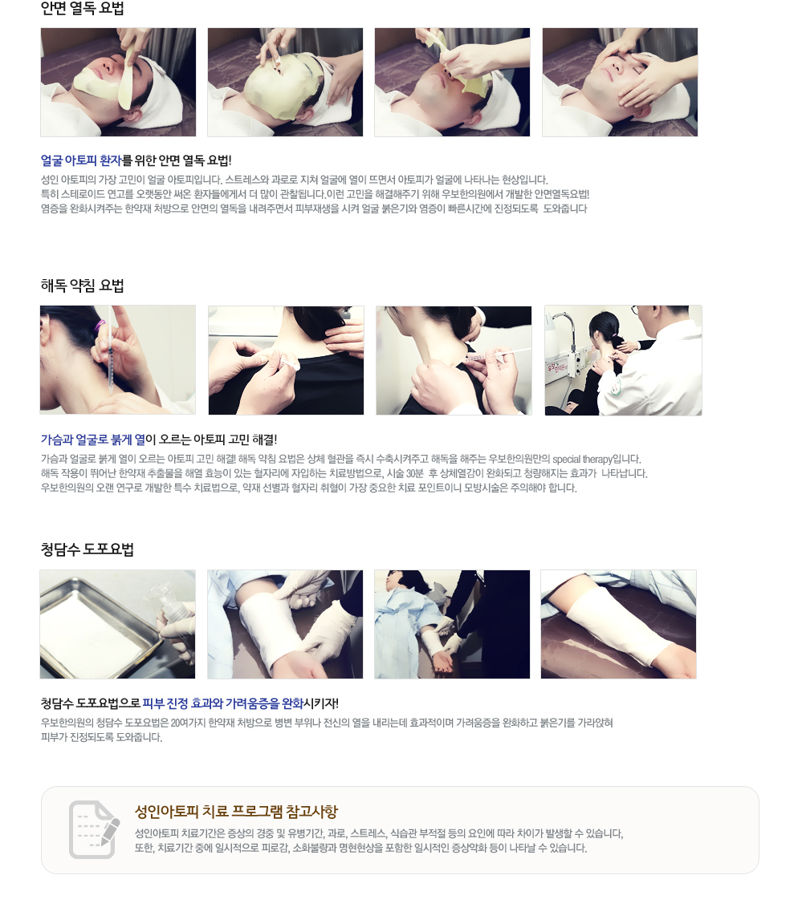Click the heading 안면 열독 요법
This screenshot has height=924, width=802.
click(x=82, y=8)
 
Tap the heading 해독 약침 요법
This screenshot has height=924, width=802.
click(x=82, y=286)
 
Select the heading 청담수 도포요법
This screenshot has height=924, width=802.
click(x=88, y=549)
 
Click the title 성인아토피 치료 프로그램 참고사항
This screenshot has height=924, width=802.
click(x=236, y=812)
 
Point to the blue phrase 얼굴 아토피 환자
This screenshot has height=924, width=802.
click(x=81, y=160)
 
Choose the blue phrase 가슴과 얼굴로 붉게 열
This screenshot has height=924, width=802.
click(x=92, y=440)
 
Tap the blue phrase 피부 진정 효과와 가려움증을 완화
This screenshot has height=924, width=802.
click(x=223, y=703)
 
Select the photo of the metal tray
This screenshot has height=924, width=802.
click(x=117, y=624)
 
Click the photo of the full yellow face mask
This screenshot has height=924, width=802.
click(x=285, y=82)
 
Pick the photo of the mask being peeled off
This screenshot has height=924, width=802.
click(x=452, y=82)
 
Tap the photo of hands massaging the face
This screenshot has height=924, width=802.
click(x=620, y=82)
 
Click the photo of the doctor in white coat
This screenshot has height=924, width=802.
click(x=623, y=360)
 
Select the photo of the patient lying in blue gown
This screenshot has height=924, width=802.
click(x=452, y=624)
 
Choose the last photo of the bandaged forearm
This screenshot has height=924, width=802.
click(x=619, y=624)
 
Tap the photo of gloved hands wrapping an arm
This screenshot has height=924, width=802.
click(x=285, y=624)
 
